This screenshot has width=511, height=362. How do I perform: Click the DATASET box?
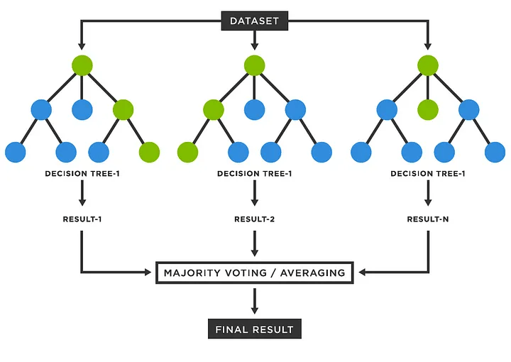[255, 21]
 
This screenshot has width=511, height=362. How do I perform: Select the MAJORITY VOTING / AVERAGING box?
[255, 273]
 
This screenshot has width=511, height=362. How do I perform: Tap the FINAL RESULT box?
[255, 329]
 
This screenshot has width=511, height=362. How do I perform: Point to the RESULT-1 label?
[82, 219]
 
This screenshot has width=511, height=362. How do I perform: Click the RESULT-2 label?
[255, 219]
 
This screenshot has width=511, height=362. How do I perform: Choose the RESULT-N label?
[427, 219]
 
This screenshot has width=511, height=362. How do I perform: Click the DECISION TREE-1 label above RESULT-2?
[255, 173]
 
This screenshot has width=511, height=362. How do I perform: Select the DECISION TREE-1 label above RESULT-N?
[427, 173]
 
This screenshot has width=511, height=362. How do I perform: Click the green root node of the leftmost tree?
[82, 65]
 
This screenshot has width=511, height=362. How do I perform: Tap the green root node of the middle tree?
[255, 65]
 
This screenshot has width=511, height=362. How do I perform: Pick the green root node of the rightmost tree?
[427, 65]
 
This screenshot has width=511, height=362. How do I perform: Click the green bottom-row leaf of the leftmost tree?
[149, 152]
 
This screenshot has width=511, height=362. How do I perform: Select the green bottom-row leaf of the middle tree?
[187, 152]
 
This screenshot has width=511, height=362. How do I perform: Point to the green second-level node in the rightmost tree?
[427, 109]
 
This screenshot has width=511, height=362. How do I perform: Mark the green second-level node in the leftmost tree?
[123, 109]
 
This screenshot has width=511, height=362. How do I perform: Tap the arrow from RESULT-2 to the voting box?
[255, 244]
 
